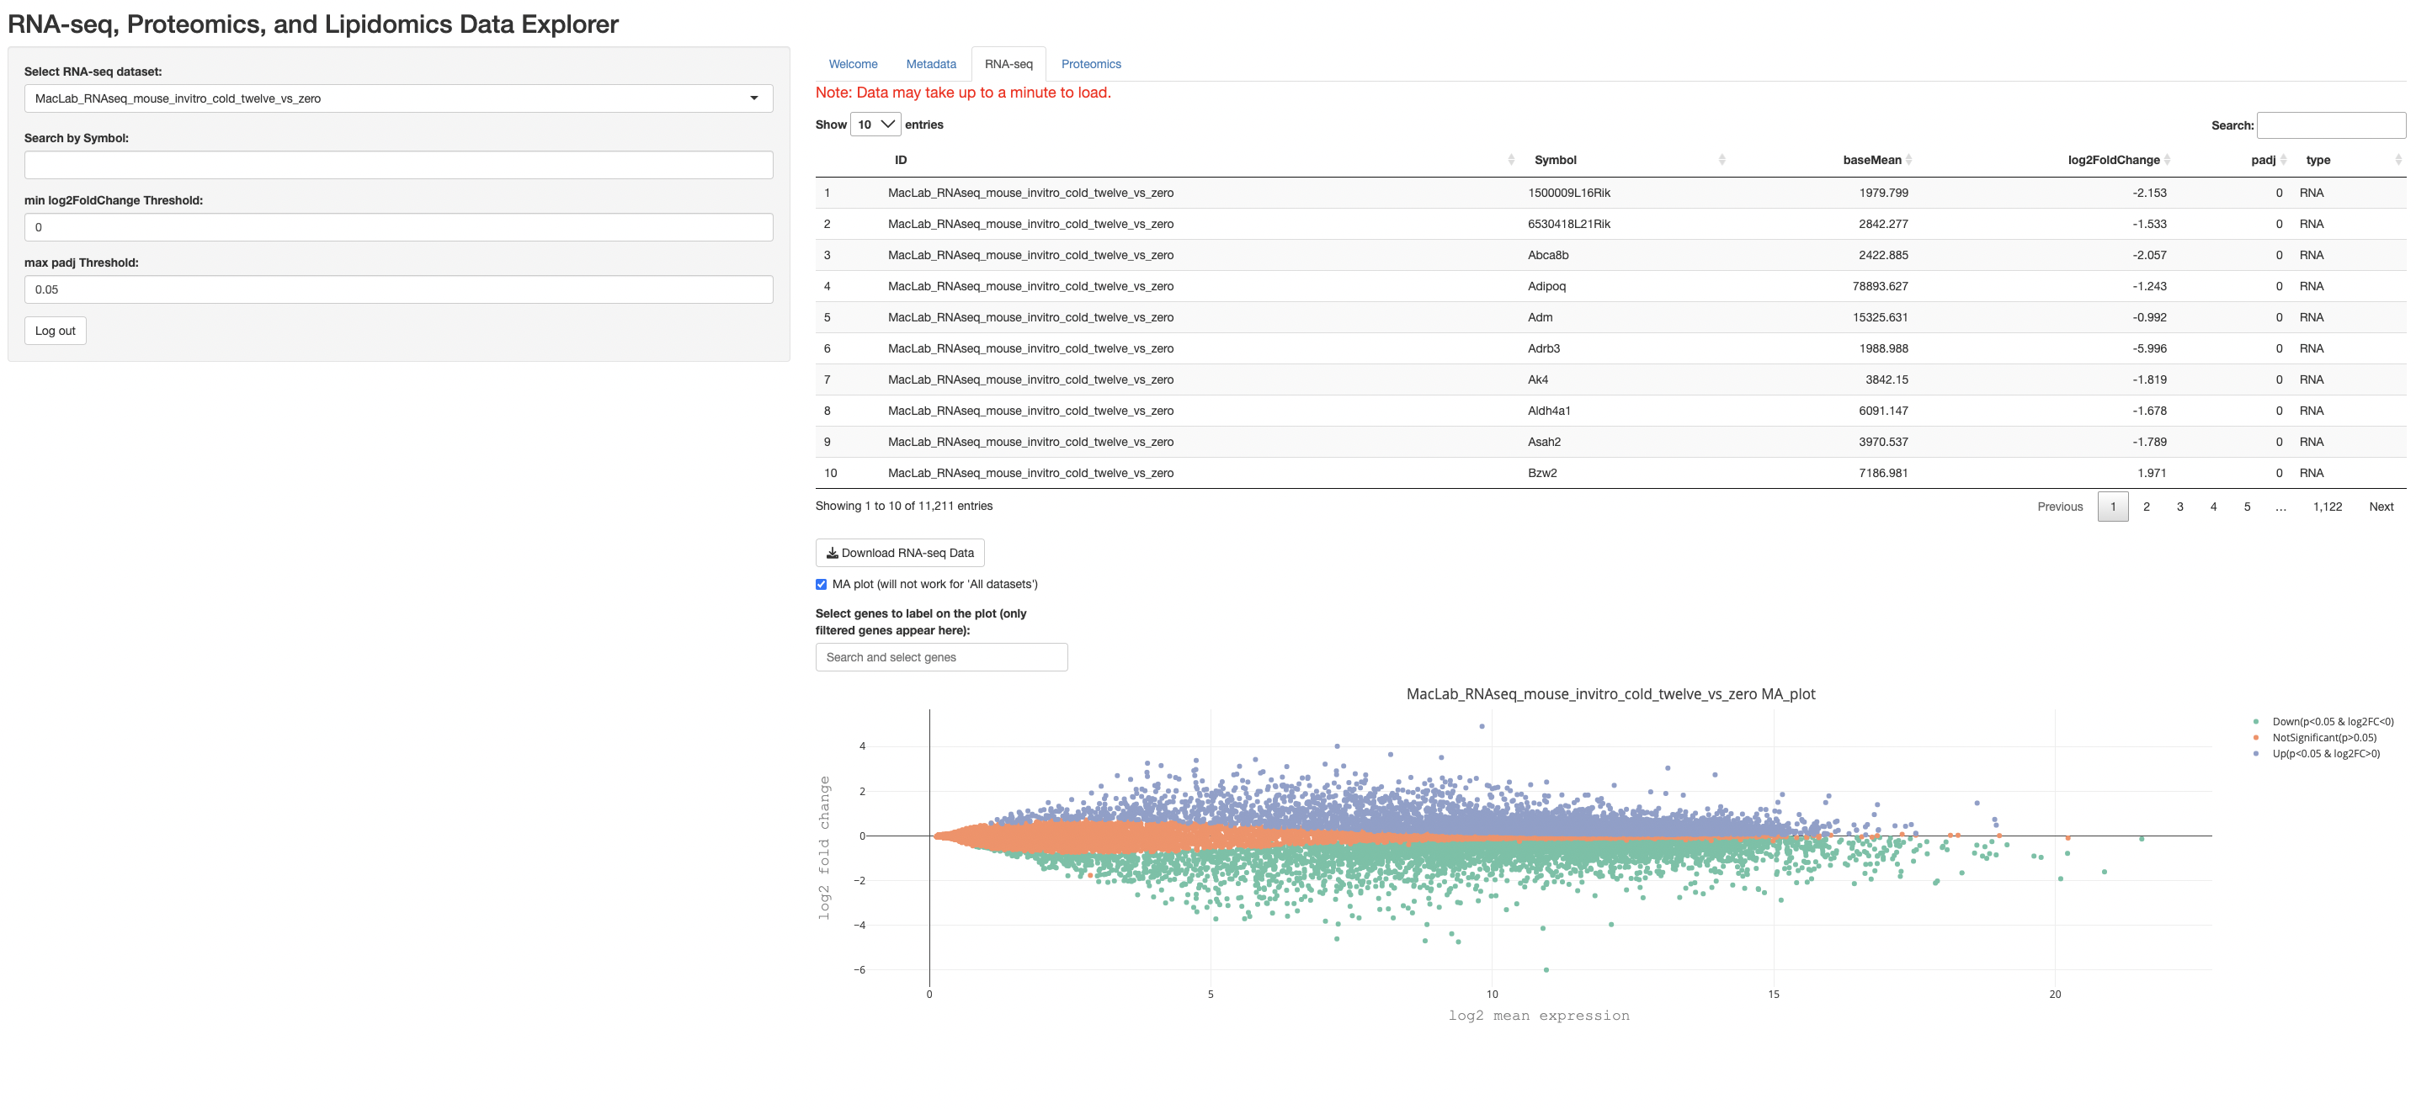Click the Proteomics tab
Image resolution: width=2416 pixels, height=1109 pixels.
point(1091,64)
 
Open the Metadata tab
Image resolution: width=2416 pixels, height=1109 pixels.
point(930,64)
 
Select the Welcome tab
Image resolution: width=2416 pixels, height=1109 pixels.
point(853,64)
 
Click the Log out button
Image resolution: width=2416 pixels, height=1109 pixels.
point(56,331)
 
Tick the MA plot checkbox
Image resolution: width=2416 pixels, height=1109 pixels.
point(822,584)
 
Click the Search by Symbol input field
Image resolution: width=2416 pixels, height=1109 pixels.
point(399,165)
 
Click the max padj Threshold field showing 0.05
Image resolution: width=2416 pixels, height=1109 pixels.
point(399,289)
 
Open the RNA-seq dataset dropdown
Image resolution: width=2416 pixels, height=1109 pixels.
point(399,98)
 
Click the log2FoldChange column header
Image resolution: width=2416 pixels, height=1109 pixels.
point(2113,161)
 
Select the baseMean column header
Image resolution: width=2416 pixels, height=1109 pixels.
point(1871,161)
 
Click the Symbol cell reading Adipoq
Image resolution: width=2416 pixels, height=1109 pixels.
point(1546,286)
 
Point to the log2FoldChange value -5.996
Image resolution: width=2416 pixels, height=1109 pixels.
point(2148,348)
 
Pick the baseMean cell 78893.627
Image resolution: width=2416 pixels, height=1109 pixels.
point(1880,286)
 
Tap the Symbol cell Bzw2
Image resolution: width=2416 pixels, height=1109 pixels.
point(1542,474)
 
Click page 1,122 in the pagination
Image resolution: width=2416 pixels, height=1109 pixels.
point(2327,507)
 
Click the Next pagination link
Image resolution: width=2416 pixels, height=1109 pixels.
point(2381,507)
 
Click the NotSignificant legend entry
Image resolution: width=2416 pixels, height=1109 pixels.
point(2323,738)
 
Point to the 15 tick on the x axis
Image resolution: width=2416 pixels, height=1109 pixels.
point(1774,995)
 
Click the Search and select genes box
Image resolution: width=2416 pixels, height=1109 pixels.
point(940,657)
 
